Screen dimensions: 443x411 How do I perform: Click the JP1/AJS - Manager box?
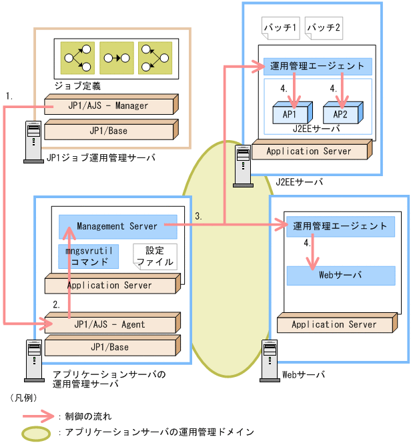pos(108,105)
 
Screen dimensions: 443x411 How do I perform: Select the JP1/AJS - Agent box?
pos(110,324)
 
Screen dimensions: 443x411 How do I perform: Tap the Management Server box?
pos(117,226)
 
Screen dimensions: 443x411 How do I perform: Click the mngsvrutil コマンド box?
pos(89,256)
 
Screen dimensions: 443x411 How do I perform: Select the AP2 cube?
pos(340,113)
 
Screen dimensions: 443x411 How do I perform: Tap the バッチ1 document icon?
pos(280,28)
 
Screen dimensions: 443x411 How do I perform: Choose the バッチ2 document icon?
pos(324,28)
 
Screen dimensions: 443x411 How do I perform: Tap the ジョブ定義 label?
pos(79,85)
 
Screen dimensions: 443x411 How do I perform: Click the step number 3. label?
pos(199,216)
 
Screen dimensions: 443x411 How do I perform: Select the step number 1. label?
pos(9,96)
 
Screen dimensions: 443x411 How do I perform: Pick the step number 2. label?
pos(57,304)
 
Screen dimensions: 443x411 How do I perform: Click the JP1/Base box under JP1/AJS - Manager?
pos(109,131)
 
